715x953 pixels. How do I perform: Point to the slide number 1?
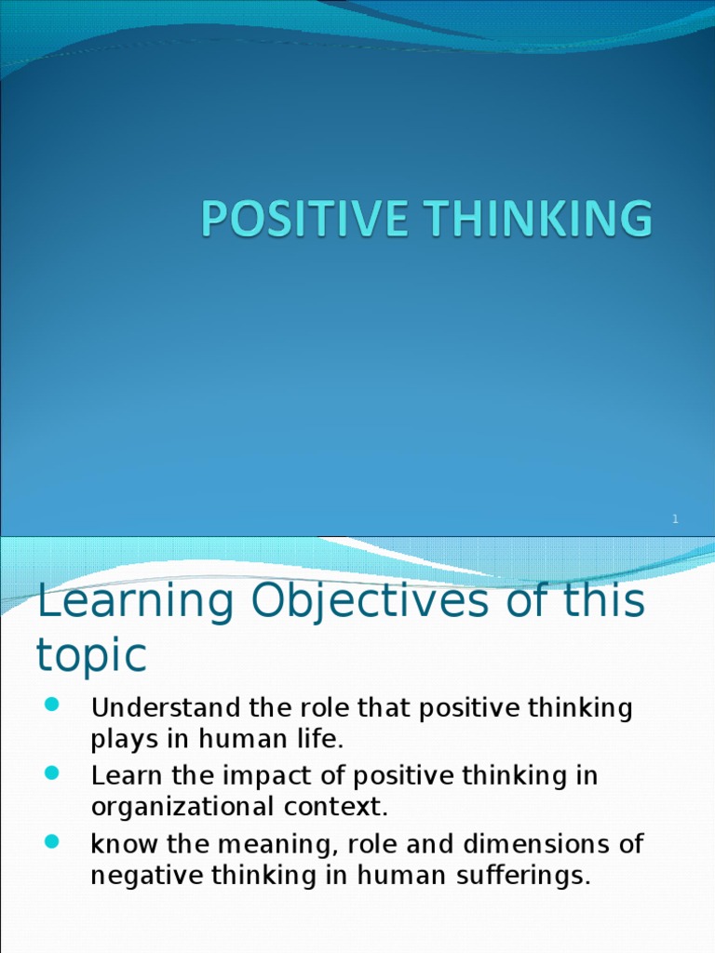point(676,519)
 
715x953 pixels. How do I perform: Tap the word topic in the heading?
point(91,655)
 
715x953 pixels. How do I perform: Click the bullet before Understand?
point(52,705)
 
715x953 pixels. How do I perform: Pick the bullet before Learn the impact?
point(52,772)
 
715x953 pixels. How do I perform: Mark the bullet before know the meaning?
point(52,841)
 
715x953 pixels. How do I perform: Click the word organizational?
point(184,808)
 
